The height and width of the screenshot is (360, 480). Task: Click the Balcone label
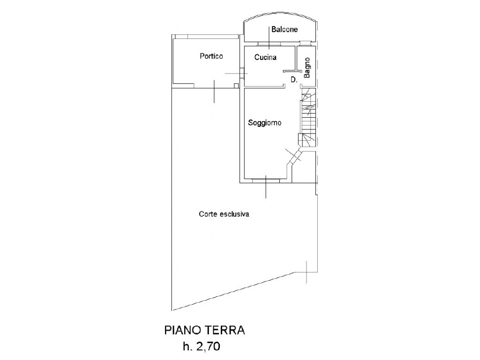point(285,30)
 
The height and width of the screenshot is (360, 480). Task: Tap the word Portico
point(211,56)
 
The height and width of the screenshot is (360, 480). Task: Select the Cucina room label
point(265,57)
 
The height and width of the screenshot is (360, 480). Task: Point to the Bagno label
point(307,67)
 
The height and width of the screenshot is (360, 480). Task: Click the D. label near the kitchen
point(294,80)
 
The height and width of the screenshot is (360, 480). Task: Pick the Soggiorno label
point(264,123)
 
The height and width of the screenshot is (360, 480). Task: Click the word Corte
point(209,214)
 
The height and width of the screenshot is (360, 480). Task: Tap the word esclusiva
point(235,214)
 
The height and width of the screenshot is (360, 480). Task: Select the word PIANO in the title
point(182,330)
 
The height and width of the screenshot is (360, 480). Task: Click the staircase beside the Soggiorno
point(307,117)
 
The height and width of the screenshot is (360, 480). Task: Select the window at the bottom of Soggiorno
point(266,181)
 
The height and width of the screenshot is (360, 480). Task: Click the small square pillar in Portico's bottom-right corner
point(236,86)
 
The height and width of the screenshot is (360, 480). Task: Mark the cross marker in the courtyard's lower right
point(307,272)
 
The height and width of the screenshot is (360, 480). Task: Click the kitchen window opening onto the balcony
point(269,44)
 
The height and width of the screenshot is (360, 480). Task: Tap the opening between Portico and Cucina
point(242,73)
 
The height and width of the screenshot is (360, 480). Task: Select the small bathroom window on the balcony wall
point(304,44)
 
